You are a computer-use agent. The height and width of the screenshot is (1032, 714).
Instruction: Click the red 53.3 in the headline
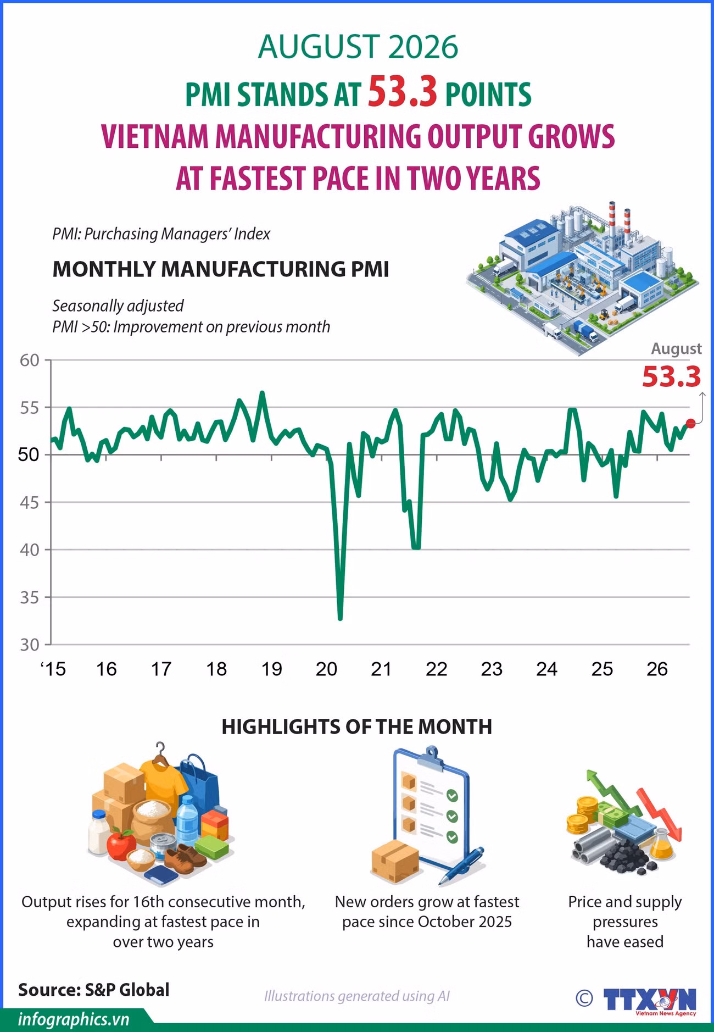402,92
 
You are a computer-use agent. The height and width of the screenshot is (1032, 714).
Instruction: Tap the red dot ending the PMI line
691,423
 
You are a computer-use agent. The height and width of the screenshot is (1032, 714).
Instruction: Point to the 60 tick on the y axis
30,360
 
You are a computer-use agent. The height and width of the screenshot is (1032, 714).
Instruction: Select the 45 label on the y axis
30,502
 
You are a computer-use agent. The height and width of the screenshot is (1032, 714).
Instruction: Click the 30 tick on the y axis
30,645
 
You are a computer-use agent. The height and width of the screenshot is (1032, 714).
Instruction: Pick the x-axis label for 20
326,669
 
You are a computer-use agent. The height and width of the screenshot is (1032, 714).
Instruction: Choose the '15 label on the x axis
53,669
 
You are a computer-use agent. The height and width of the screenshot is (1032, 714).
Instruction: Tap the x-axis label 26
657,669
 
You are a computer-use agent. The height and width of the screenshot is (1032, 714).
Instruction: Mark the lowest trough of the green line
340,619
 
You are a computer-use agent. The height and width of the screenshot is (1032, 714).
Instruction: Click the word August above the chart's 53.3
676,348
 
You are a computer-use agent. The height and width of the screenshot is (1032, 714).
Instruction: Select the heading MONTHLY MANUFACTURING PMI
221,269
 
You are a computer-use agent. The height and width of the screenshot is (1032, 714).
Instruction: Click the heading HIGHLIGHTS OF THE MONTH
357,726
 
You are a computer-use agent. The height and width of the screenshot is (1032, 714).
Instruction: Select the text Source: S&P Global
94,990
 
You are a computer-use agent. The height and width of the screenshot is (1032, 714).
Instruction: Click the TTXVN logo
649,999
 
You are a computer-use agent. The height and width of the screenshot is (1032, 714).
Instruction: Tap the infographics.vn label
74,1019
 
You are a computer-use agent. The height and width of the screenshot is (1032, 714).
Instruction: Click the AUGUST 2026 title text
358,47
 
